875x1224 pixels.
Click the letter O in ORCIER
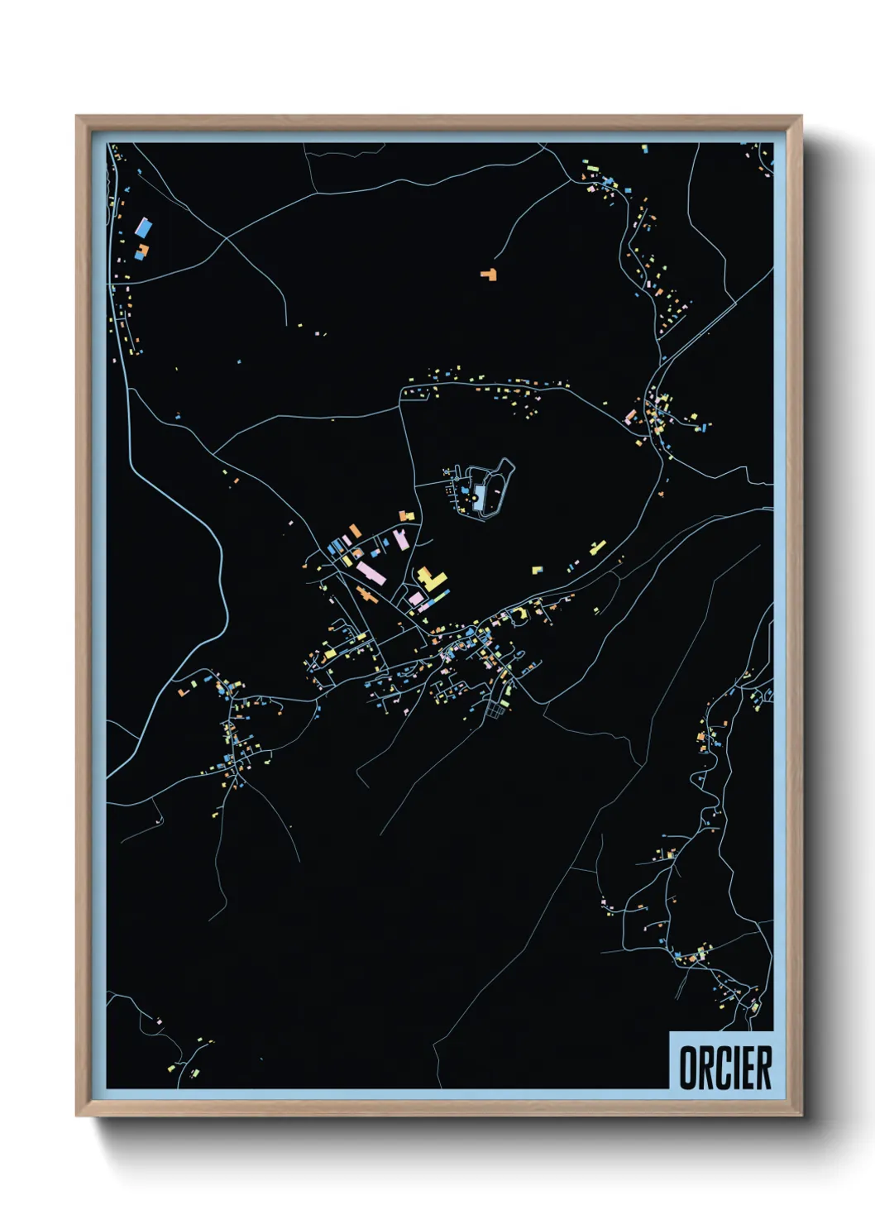(688, 1068)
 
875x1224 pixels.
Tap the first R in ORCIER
(705, 1068)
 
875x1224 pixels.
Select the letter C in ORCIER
(722, 1068)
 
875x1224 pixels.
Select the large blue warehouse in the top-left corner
(143, 227)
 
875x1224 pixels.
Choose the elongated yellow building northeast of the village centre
(597, 547)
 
